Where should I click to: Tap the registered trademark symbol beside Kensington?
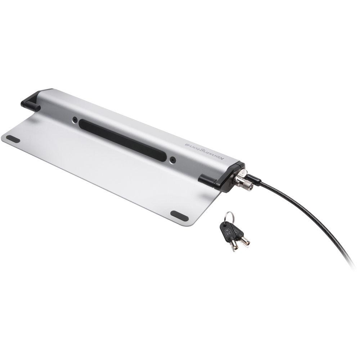pyautogui.click(x=187, y=144)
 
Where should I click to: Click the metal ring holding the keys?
pyautogui.click(x=229, y=217)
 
